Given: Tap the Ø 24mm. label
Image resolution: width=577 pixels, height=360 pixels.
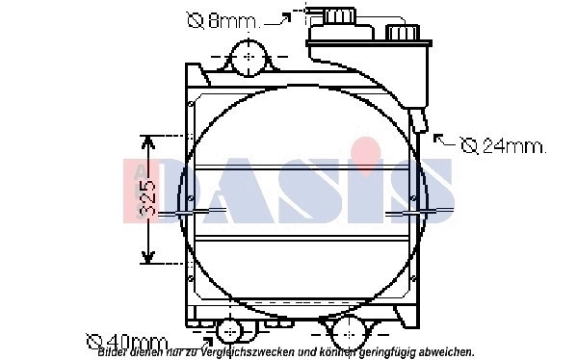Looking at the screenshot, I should [x=503, y=146].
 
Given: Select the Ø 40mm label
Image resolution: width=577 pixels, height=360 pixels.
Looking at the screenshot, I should [x=127, y=341].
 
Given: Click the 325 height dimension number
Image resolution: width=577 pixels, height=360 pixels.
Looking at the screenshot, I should [x=147, y=198].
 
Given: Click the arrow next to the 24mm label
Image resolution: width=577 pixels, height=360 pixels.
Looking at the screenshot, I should [x=444, y=141].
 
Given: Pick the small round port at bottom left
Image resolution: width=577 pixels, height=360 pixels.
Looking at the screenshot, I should [x=230, y=332].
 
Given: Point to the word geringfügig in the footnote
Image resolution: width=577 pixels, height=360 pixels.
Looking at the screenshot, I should [x=390, y=352].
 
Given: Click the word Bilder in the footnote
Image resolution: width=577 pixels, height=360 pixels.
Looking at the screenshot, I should [x=114, y=352].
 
